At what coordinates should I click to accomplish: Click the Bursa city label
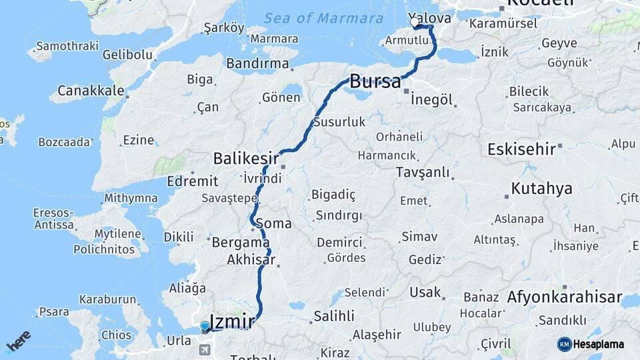coord(375,82)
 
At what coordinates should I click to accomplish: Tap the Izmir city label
coord(232,322)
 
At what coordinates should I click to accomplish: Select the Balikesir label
coord(245,159)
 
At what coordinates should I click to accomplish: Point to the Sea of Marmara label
coord(323,19)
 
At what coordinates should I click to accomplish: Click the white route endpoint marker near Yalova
coord(415,23)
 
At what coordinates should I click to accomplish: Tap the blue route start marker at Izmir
coord(205,326)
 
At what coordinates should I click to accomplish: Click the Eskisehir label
coord(521,149)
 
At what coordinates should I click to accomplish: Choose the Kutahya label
coord(541,189)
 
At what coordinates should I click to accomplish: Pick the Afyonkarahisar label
coord(565,297)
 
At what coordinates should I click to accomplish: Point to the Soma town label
coord(278,223)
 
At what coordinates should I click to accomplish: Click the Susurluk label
coord(339,122)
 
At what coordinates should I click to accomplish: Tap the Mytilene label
coord(117,234)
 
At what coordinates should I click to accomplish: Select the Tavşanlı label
coord(423,173)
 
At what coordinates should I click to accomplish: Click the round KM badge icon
coord(565,344)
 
